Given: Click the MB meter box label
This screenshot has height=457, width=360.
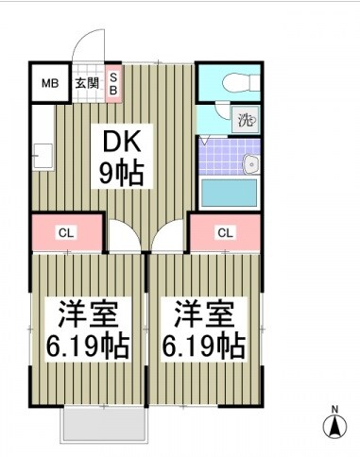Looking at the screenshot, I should (x=49, y=83).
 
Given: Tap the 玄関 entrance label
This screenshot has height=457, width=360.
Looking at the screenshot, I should (x=86, y=83).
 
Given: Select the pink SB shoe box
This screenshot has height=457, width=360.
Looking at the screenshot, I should (x=113, y=82).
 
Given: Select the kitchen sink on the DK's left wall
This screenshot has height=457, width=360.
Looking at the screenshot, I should (x=42, y=152).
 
